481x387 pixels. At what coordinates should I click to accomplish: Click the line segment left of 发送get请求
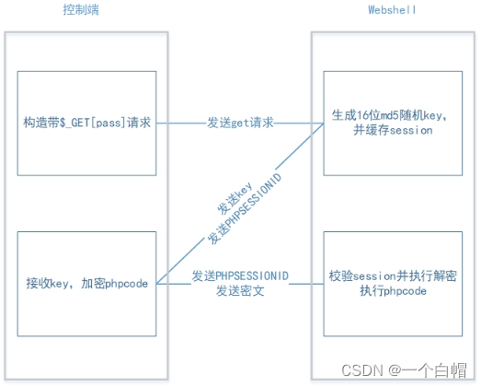coord(174,123)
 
